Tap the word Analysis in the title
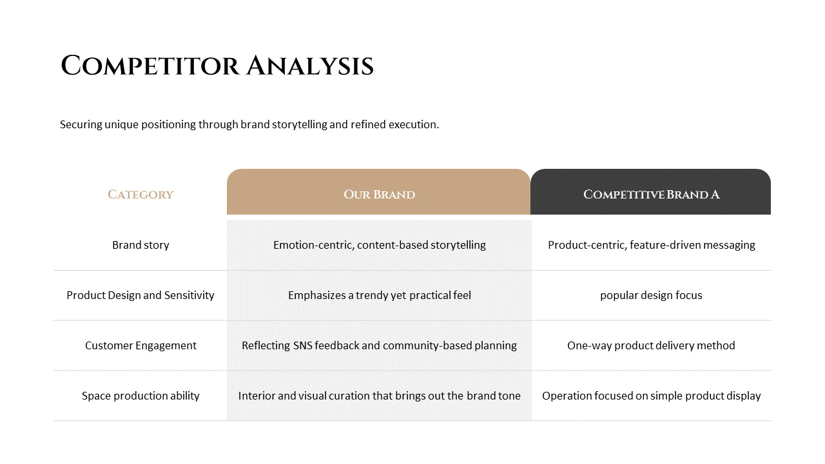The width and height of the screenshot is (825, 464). coord(309,66)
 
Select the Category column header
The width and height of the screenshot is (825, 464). coord(141,195)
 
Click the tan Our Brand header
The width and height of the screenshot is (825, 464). coord(379,195)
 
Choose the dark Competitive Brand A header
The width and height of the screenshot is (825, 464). coord(651,195)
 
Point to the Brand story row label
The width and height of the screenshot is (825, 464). coord(141,245)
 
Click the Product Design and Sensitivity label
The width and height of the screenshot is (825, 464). coord(141,295)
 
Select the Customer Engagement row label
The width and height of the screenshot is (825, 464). coord(141,345)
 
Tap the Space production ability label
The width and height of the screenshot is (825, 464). coord(141,396)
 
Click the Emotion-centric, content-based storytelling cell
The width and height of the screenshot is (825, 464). coord(379,245)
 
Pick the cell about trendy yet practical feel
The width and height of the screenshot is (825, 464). coord(379,295)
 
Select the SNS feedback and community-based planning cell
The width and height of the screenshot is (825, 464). coord(379,345)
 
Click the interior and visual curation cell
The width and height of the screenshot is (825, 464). coord(379,396)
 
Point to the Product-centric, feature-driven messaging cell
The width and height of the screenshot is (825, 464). coord(651,245)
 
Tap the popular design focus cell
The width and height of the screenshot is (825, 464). coord(651,295)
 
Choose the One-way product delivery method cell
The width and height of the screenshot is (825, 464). coord(651,345)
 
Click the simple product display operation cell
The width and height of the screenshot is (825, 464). coord(651,396)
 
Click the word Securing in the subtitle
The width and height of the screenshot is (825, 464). coord(81,124)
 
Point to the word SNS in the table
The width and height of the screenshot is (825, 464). coord(303,345)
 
